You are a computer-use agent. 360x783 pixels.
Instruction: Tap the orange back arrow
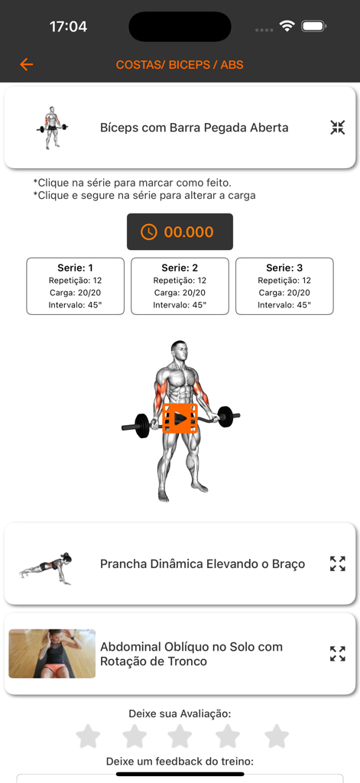pos(27,65)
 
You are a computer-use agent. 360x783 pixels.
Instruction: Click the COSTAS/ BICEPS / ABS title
pos(180,65)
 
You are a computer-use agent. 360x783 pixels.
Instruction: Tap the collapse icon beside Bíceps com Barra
pos(338,128)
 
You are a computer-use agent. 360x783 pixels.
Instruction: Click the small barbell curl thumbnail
pos(52,127)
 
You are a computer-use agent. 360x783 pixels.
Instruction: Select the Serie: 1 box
pos(75,286)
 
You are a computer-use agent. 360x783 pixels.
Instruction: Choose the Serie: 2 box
pos(180,286)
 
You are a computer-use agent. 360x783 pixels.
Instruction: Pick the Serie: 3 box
pos(284,286)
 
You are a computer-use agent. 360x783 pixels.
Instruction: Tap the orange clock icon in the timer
pos(148,232)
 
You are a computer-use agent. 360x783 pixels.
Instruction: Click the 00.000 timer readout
pos(189,232)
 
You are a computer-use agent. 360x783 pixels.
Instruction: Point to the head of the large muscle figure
pos(179,352)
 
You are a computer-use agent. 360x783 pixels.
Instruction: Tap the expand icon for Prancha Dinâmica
pos(338,564)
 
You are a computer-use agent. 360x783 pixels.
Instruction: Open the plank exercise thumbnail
pos(47,567)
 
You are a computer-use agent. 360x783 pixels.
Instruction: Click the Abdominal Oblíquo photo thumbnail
pos(52,654)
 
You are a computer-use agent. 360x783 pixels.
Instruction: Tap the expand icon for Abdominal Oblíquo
pos(338,654)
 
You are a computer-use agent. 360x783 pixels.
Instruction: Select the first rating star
pos(88,736)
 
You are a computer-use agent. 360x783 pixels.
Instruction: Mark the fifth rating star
pos(277,736)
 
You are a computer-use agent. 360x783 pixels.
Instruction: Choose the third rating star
pos(180,736)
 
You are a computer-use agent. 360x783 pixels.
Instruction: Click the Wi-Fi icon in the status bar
pos(287,26)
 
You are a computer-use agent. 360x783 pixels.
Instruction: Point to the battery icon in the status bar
pos(313,26)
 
